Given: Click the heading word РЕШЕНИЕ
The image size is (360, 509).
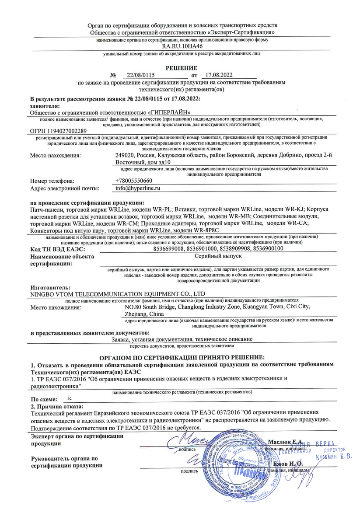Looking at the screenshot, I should click(x=181, y=67).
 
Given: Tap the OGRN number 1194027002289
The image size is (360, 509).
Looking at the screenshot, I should click(x=58, y=131).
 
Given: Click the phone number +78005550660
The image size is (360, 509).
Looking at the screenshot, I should click(x=133, y=181).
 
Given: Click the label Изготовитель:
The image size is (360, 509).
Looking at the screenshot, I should click(x=50, y=287).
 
